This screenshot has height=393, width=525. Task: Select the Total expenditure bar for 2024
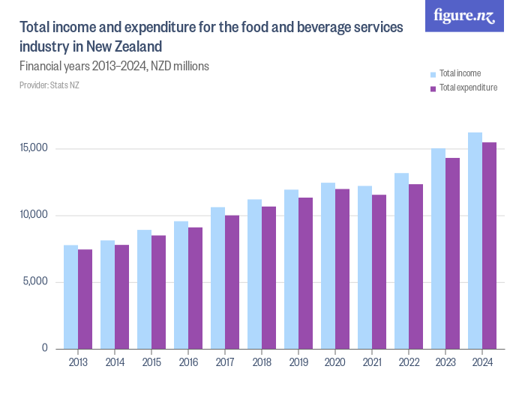pyautogui.click(x=489, y=246)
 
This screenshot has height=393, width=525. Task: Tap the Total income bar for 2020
pyautogui.click(x=328, y=266)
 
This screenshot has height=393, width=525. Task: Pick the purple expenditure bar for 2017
pyautogui.click(x=232, y=281)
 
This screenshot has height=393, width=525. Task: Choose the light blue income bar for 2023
pyautogui.click(x=438, y=249)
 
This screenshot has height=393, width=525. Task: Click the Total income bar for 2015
pyautogui.click(x=144, y=289)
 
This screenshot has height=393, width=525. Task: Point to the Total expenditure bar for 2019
pyautogui.click(x=305, y=273)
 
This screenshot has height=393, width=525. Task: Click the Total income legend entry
pyautogui.click(x=460, y=73)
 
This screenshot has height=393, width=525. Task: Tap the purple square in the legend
pyautogui.click(x=433, y=88)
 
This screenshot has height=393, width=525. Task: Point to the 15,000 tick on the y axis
pyautogui.click(x=34, y=148)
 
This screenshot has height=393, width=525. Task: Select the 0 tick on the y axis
pyautogui.click(x=45, y=349)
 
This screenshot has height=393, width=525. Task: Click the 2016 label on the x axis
pyautogui.click(x=187, y=362)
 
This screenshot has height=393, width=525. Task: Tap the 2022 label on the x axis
pyautogui.click(x=408, y=362)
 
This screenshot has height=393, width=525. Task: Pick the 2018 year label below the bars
pyautogui.click(x=261, y=362)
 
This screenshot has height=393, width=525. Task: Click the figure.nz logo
pyautogui.click(x=464, y=16)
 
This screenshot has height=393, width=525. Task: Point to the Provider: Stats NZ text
pyautogui.click(x=49, y=85)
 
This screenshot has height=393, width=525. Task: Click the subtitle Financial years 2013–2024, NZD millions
pyautogui.click(x=114, y=67)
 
